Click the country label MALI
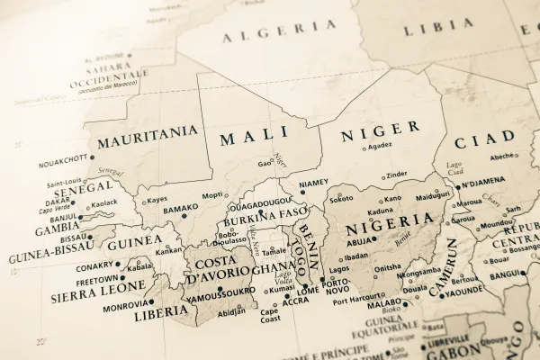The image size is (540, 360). tap(254, 136)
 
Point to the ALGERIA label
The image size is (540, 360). tap(265, 35)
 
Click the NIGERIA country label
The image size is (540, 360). tap(390, 220)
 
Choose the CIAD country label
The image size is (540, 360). tap(484, 140)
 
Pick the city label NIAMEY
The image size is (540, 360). tap(313, 184)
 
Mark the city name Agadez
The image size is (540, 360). tap(381, 145)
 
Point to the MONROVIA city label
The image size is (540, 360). tap(125, 306)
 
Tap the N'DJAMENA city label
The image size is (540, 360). tap(486, 184)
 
